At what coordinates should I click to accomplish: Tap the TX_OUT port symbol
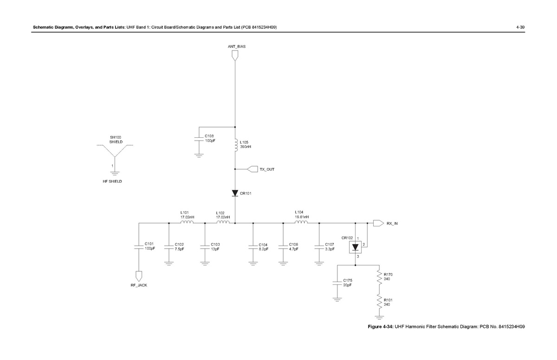pos(253,169)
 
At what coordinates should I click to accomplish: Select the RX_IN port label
pos(392,223)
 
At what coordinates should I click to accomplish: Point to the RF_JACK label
pos(138,285)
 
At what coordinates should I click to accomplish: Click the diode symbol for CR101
pos(235,193)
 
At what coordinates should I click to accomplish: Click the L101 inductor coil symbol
pos(187,223)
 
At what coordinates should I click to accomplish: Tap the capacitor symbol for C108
pos(199,138)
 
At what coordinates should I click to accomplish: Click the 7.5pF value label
pos(179,249)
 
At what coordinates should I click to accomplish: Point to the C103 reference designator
pos(215,244)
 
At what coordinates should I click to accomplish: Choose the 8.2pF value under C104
pos(263,249)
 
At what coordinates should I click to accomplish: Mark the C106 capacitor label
pos(293,244)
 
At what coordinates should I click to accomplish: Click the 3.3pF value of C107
pos(330,249)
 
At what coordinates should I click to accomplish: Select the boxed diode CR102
pos(356,247)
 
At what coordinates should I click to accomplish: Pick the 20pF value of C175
pos(347,285)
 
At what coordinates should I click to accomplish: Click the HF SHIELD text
pos(112,181)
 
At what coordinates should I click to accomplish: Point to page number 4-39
pos(520,27)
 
